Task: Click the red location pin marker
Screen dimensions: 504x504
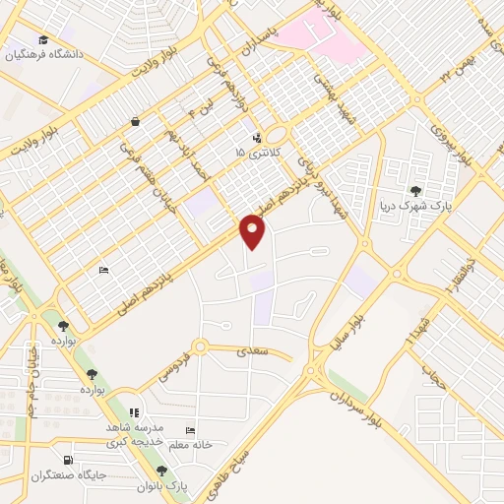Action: pos(254,231)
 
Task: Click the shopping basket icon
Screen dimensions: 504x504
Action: pos(134,122)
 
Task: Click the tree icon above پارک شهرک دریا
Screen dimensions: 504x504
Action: pos(415,190)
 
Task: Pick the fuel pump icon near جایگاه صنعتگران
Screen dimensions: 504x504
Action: pos(67,460)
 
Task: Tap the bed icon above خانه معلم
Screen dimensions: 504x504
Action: pos(191,431)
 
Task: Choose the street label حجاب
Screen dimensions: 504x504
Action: pos(428,377)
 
